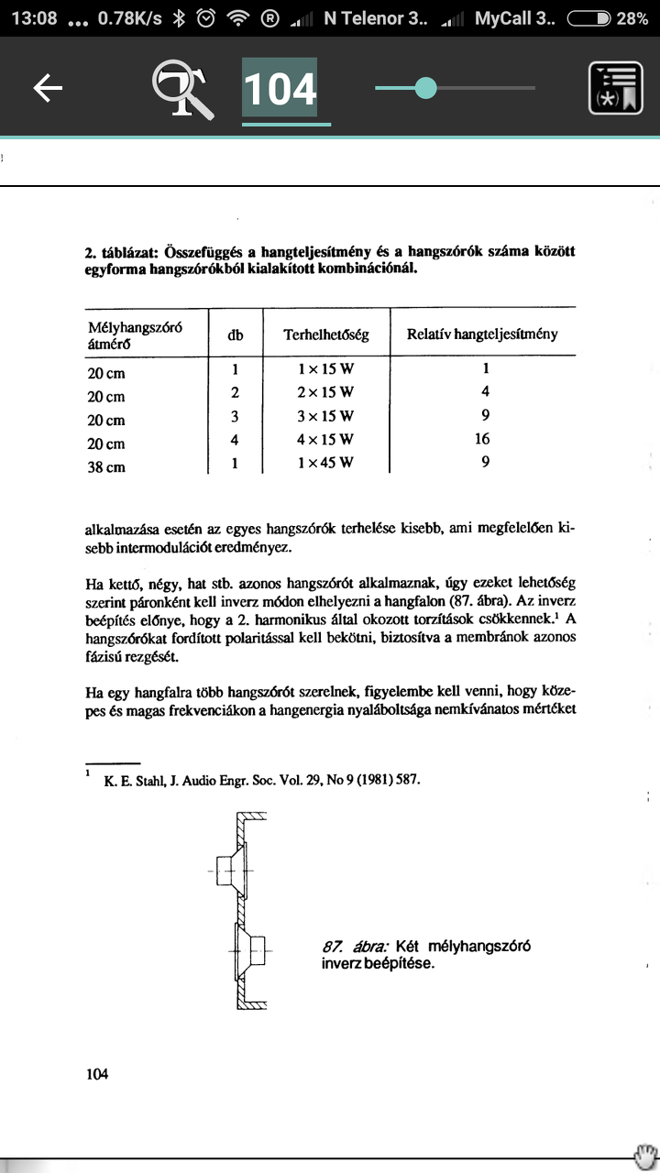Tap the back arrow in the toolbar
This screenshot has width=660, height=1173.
click(x=48, y=88)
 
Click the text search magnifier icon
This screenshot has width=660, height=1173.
click(x=182, y=89)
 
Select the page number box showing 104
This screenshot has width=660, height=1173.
click(x=280, y=89)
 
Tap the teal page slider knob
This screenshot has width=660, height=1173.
click(x=425, y=88)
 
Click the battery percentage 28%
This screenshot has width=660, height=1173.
click(x=632, y=18)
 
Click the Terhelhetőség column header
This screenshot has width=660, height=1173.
click(x=326, y=334)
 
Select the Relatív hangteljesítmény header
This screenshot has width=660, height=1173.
click(x=482, y=334)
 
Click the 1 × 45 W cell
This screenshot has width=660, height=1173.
click(x=325, y=463)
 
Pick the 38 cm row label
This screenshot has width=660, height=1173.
click(x=106, y=467)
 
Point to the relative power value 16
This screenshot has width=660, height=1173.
click(x=483, y=439)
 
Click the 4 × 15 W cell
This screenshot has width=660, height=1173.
click(x=325, y=439)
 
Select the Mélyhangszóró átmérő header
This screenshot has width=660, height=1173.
click(x=127, y=335)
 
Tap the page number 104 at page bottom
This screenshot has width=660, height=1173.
click(x=96, y=1073)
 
